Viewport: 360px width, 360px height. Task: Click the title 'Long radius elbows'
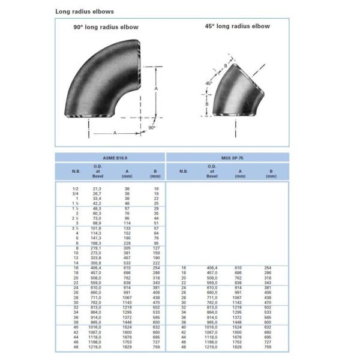pos(84,11)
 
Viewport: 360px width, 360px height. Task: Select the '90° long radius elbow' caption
pos(106,27)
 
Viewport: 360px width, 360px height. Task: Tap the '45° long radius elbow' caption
pos(237,26)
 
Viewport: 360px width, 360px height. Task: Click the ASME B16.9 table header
pos(110,157)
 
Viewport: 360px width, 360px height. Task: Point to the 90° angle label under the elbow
pos(152,127)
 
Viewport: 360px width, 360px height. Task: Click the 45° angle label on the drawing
pos(209,83)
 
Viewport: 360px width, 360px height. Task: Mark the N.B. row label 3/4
pos(76,194)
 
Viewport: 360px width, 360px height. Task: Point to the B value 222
pos(156,263)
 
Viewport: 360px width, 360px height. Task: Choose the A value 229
pos(127,243)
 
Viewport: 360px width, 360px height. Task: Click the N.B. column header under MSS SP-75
pos(184,171)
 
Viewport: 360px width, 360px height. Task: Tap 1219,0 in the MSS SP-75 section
pos(212,347)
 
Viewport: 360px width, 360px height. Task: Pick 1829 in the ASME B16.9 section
pos(127,347)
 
